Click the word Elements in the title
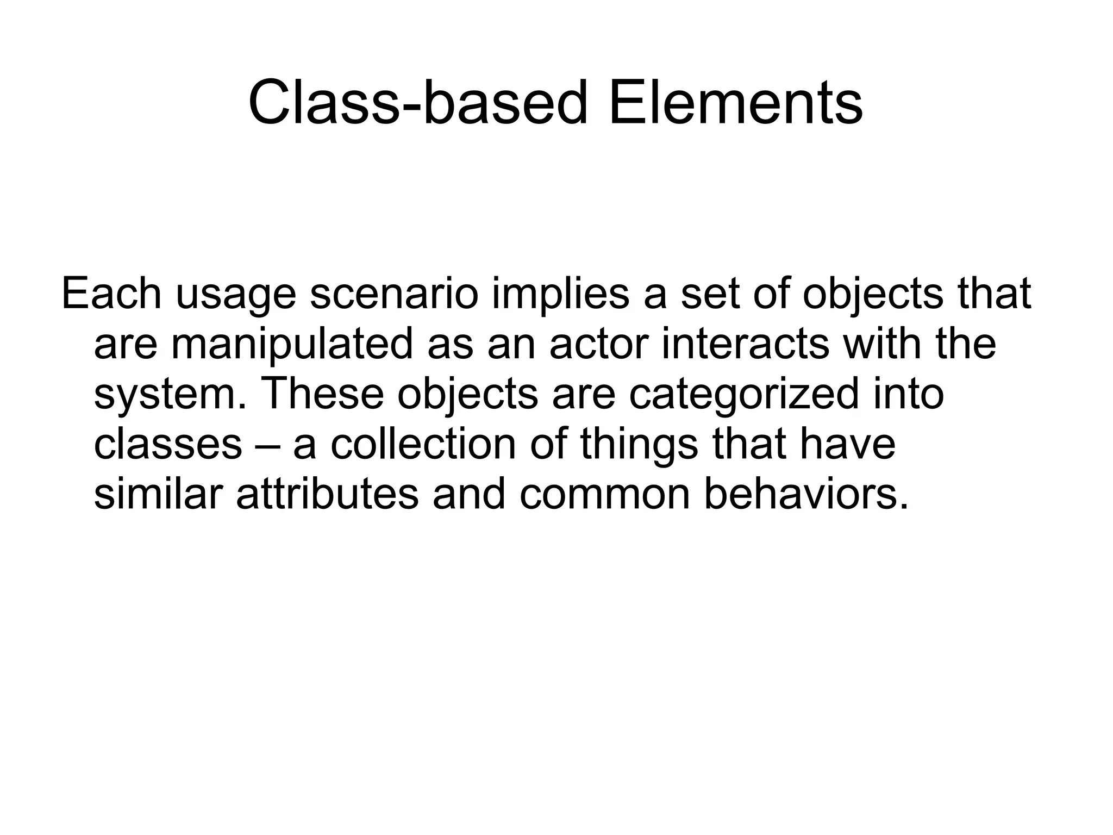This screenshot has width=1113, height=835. [735, 103]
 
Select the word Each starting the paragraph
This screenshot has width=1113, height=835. [111, 294]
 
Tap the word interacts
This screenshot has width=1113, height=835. [746, 344]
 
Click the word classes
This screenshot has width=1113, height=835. [168, 445]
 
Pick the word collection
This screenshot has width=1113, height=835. [423, 445]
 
